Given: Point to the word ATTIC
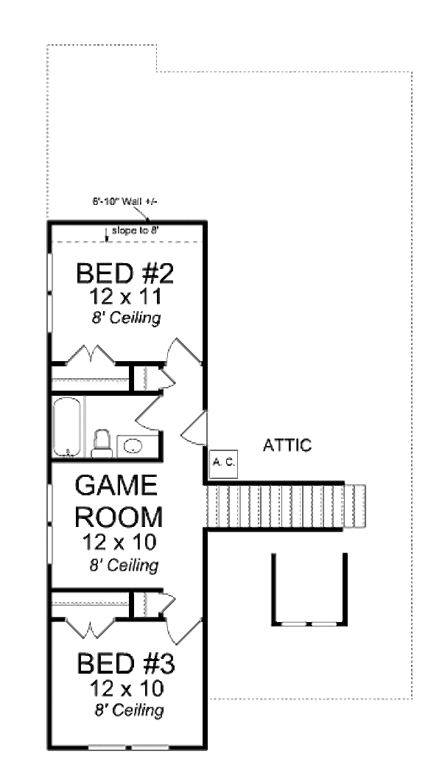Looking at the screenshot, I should [288, 445].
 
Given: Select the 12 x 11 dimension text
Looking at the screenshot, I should [124, 298].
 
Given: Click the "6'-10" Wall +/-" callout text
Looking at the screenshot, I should [116, 200].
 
